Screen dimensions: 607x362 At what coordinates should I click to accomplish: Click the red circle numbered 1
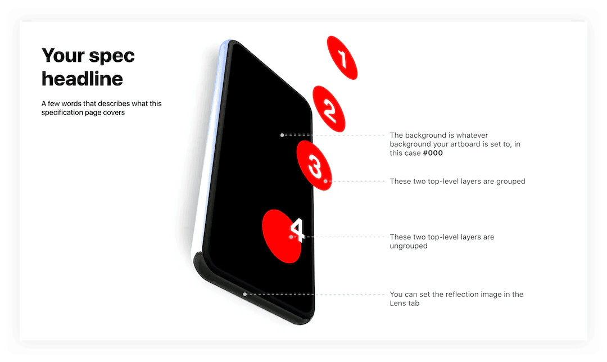click(342, 58)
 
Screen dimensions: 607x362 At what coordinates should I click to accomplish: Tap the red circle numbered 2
click(329, 109)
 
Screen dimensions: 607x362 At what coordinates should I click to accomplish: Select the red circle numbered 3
click(314, 165)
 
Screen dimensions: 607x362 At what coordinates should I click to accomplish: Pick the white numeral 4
click(297, 230)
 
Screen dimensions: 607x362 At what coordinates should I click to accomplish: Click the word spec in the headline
click(112, 57)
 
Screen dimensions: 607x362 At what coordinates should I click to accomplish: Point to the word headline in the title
click(82, 79)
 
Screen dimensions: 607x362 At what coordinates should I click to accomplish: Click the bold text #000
click(433, 153)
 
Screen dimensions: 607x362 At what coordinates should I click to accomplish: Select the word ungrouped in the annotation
click(409, 246)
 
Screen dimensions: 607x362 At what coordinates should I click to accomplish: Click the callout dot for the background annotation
click(282, 135)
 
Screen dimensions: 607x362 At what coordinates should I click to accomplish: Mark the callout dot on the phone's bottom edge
click(244, 294)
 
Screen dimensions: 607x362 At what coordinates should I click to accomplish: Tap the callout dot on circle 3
click(325, 181)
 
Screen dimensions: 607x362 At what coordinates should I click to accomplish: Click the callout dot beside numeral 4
click(291, 237)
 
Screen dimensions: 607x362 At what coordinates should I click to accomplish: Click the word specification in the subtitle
click(62, 112)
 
